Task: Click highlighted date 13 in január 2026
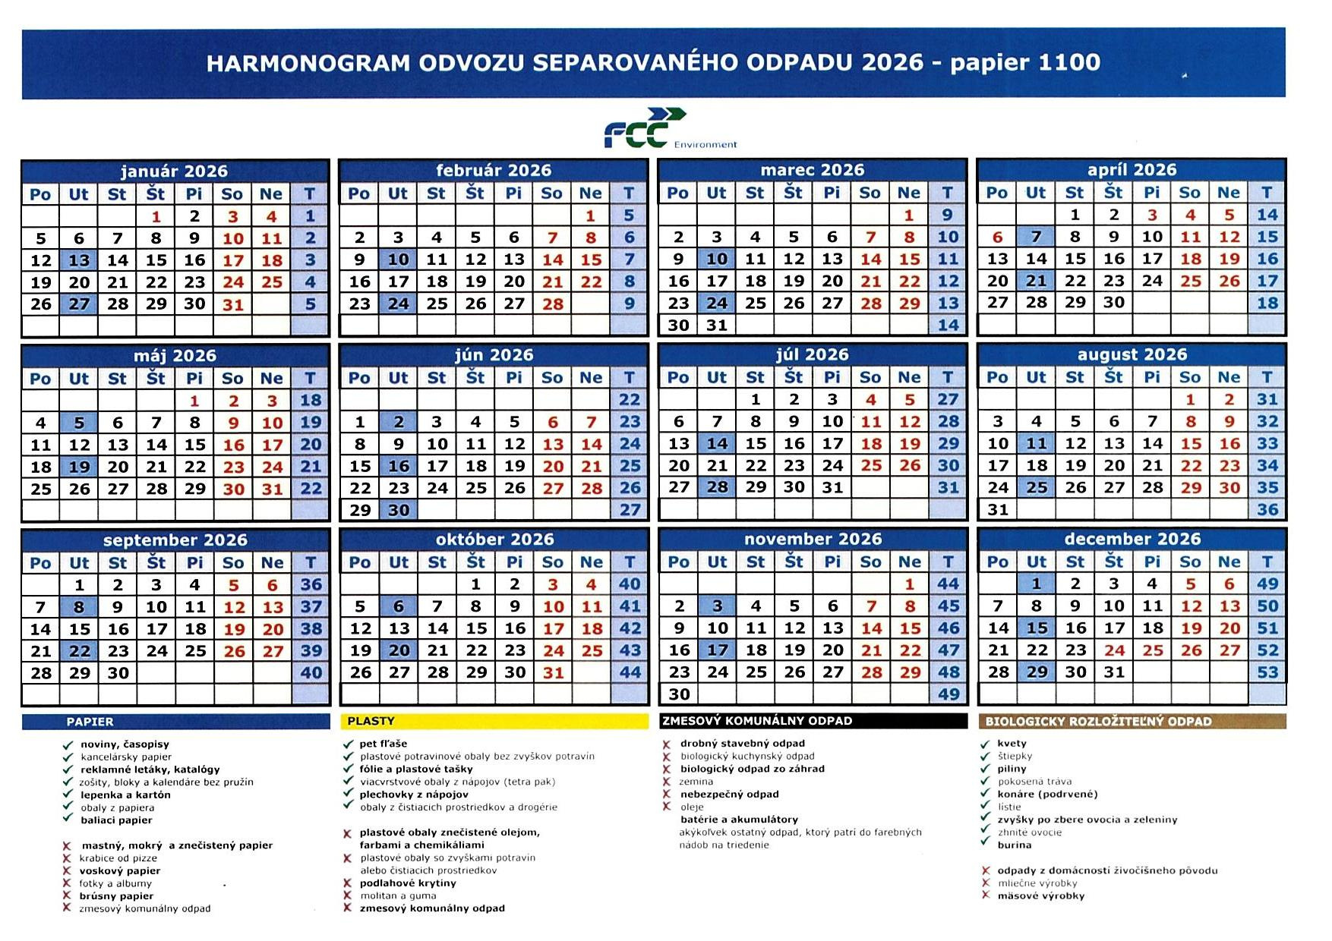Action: click(79, 260)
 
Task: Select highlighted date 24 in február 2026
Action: click(398, 304)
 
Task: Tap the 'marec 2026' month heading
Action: click(812, 170)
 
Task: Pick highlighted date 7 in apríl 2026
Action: click(1036, 237)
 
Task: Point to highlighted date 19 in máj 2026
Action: click(79, 467)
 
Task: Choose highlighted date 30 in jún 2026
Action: click(398, 510)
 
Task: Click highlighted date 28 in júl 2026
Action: click(717, 487)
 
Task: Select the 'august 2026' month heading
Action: click(1132, 354)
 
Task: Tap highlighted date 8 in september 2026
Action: click(79, 607)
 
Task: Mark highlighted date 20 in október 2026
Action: click(399, 650)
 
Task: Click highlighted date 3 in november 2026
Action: click(717, 606)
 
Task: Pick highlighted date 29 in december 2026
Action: click(1037, 672)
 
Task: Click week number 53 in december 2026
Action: click(1267, 672)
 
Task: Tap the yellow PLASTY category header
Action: click(494, 721)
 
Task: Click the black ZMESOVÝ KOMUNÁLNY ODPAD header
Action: click(813, 721)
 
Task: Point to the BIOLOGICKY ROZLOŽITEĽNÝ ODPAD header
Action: click(1132, 721)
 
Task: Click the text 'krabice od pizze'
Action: click(118, 858)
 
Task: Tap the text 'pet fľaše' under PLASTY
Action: click(384, 744)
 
